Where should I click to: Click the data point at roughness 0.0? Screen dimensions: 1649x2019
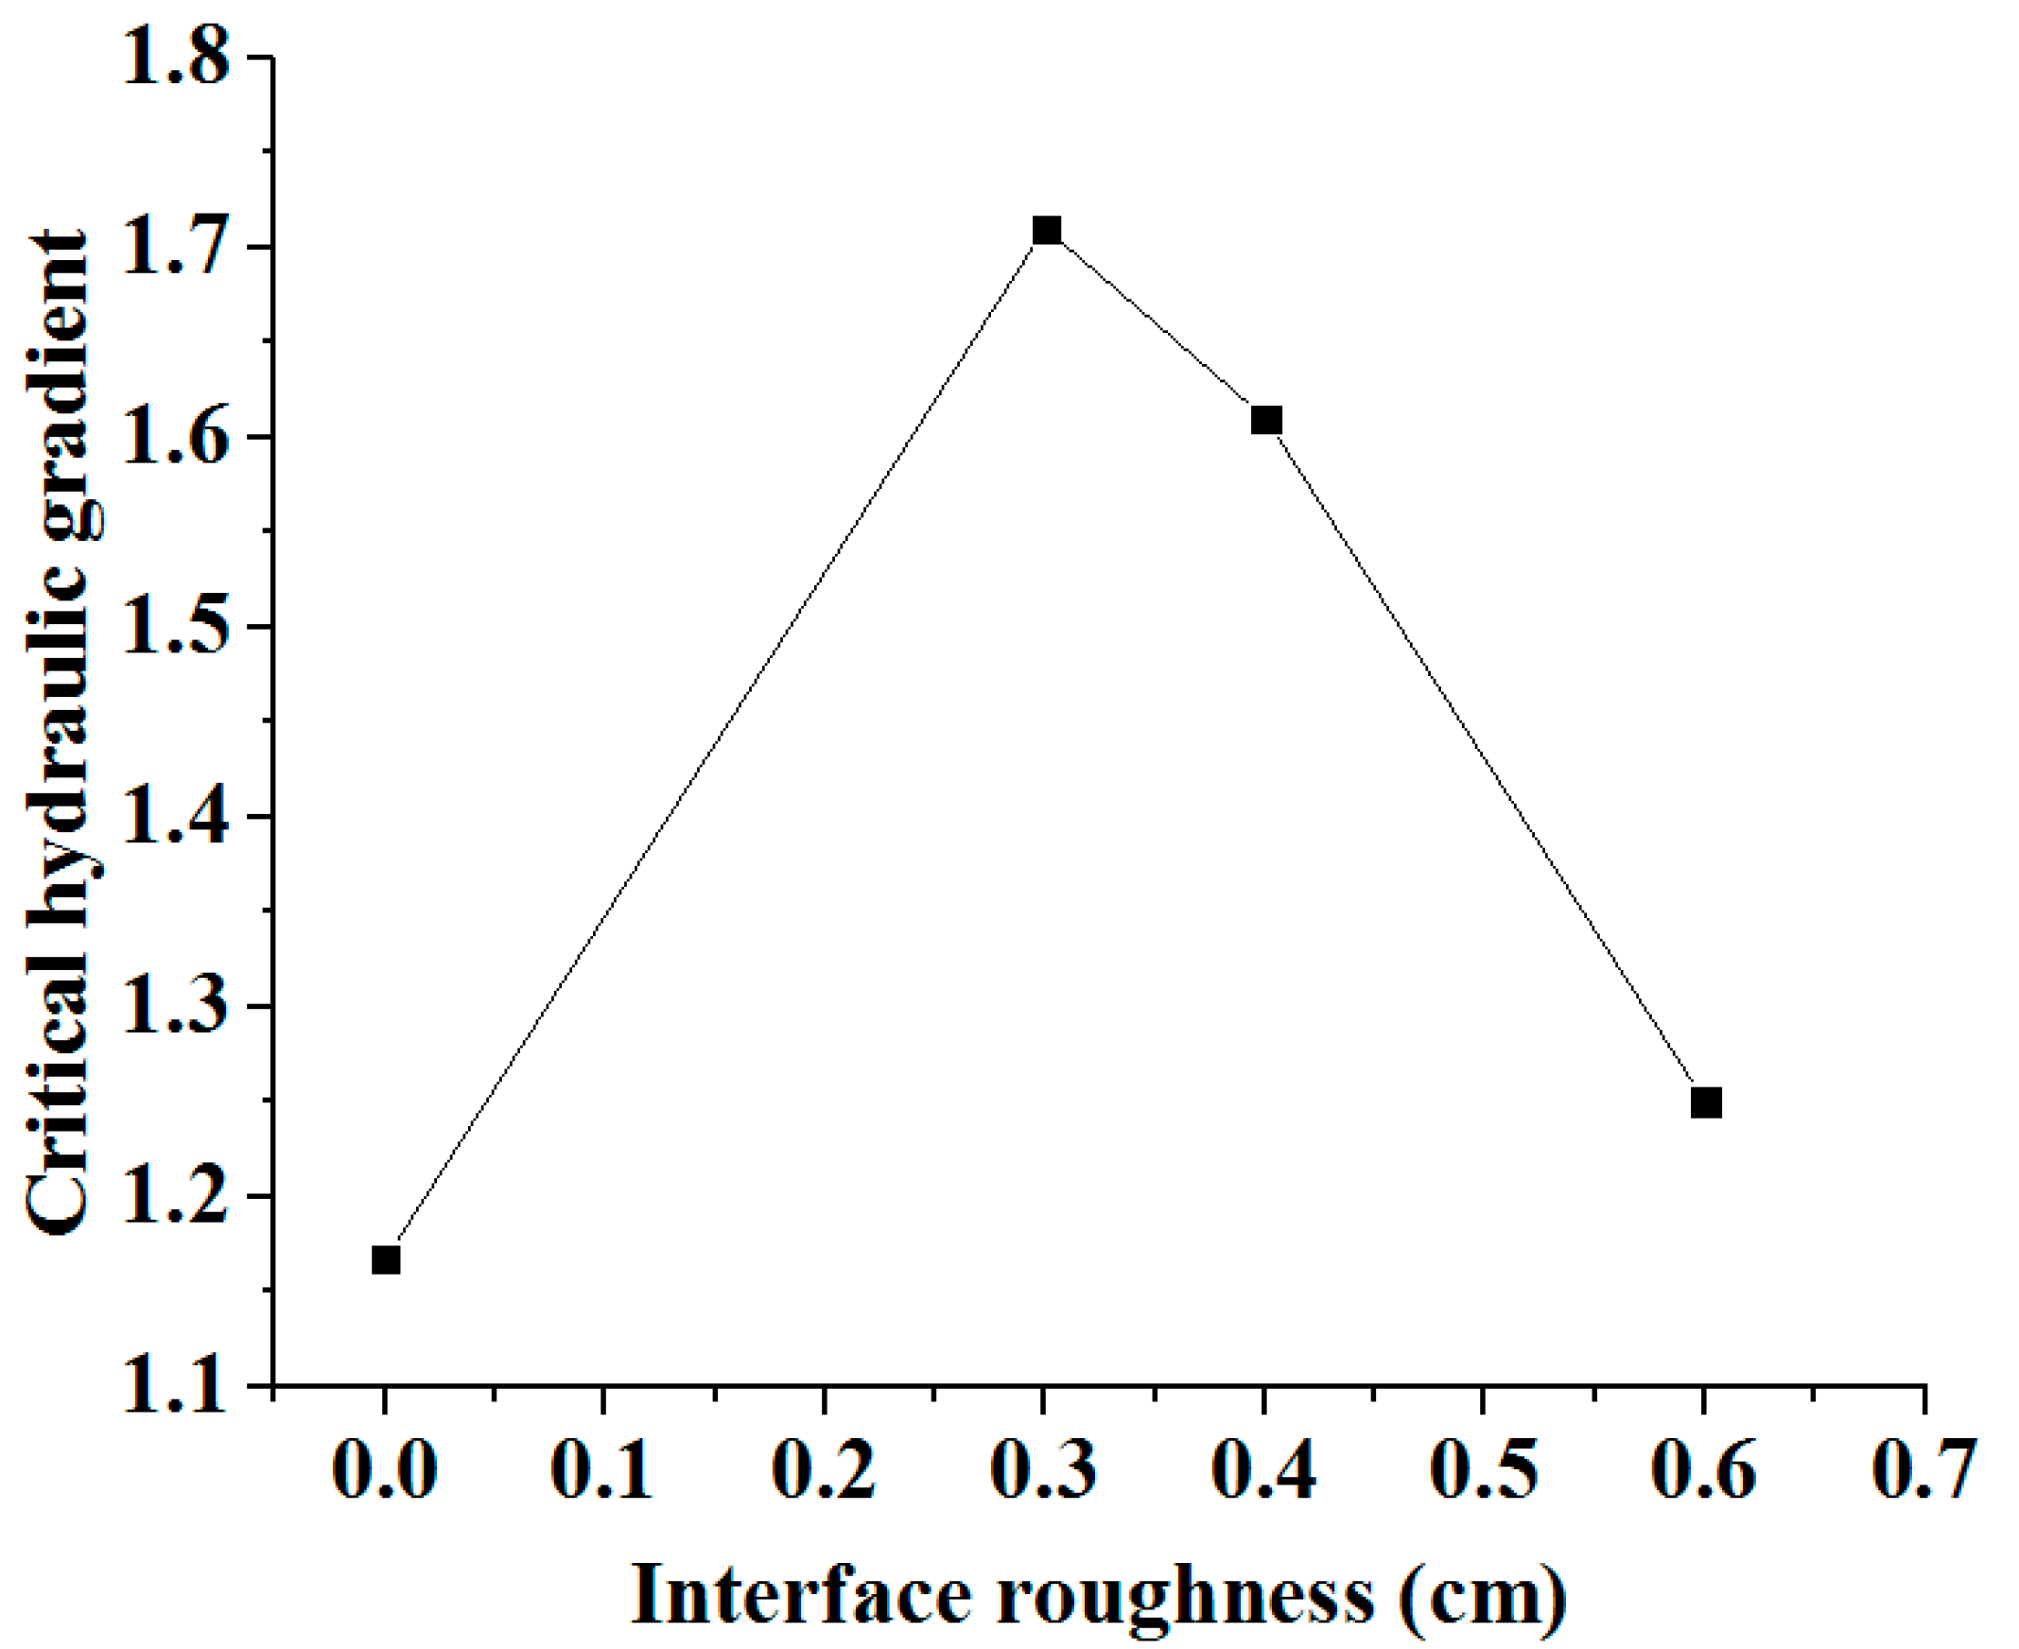(x=385, y=1260)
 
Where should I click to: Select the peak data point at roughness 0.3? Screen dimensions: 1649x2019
(x=1046, y=231)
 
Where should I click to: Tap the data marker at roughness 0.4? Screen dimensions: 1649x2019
(x=1266, y=420)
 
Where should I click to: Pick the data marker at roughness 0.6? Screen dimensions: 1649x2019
(x=1706, y=1102)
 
